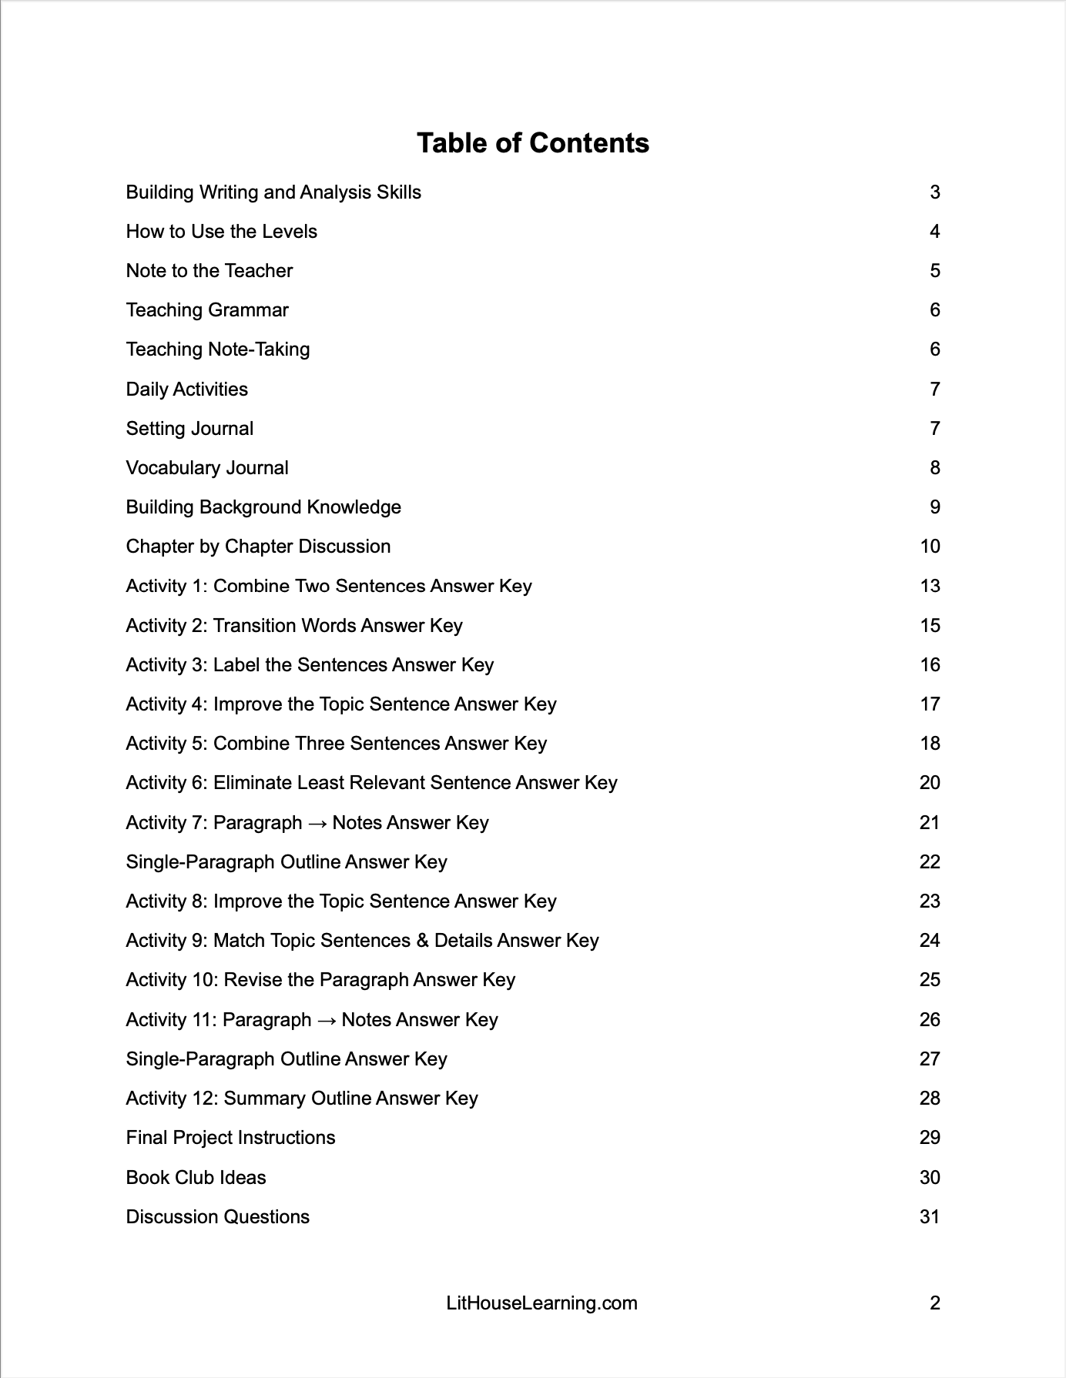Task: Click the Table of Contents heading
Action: point(532,143)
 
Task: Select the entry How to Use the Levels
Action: point(221,232)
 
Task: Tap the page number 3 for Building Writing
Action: point(934,192)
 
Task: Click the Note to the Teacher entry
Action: point(209,271)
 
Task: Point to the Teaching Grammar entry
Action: point(207,310)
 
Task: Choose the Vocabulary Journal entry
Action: point(207,468)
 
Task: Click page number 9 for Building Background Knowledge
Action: point(934,507)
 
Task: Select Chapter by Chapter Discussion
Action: point(258,547)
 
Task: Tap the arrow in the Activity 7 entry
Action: point(317,823)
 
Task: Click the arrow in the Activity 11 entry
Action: point(327,1020)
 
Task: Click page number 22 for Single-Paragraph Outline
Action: point(930,862)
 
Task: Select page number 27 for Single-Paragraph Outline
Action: point(930,1059)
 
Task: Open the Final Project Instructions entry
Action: point(230,1138)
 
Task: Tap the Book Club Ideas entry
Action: point(196,1178)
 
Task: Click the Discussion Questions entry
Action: point(217,1217)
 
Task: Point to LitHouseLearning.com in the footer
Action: point(541,1303)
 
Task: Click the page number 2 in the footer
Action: point(934,1303)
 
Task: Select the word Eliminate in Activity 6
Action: point(252,783)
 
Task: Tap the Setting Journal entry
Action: point(189,429)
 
